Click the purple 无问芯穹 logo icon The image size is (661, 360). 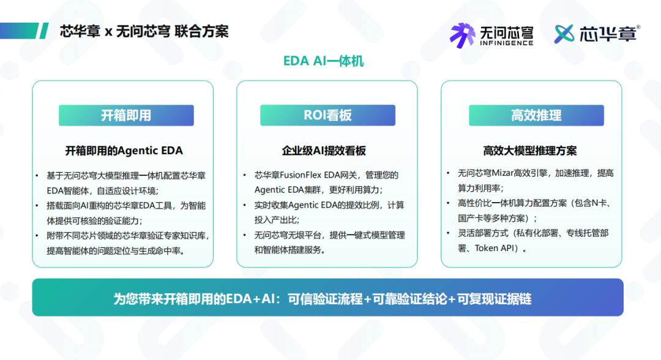pos(463,36)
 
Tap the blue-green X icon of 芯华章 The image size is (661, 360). pos(564,34)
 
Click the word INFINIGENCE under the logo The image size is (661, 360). pos(506,43)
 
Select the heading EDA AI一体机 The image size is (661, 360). pos(323,61)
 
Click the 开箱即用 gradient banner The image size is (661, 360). pos(126,115)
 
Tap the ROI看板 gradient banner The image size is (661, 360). pos(327,115)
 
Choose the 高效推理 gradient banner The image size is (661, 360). pos(536,115)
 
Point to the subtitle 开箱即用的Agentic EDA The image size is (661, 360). pos(124,151)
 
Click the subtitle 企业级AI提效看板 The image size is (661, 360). pos(324,151)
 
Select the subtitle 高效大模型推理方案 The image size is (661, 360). pos(530,151)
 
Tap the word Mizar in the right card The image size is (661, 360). pos(502,173)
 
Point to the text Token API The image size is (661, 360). pos(494,249)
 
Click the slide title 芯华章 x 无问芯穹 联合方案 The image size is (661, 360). pos(144,31)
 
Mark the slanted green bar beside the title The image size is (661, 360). pos(44,31)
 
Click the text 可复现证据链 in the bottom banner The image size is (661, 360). pos(495,299)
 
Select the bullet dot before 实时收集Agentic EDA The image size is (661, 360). pos(244,205)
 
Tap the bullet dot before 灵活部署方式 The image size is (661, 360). pos(448,233)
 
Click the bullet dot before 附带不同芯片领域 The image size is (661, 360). pos(37,236)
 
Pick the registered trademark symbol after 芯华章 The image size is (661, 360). pos(638,27)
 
